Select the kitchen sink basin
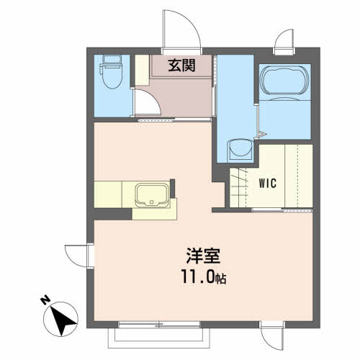151,194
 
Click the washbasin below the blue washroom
237,150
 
